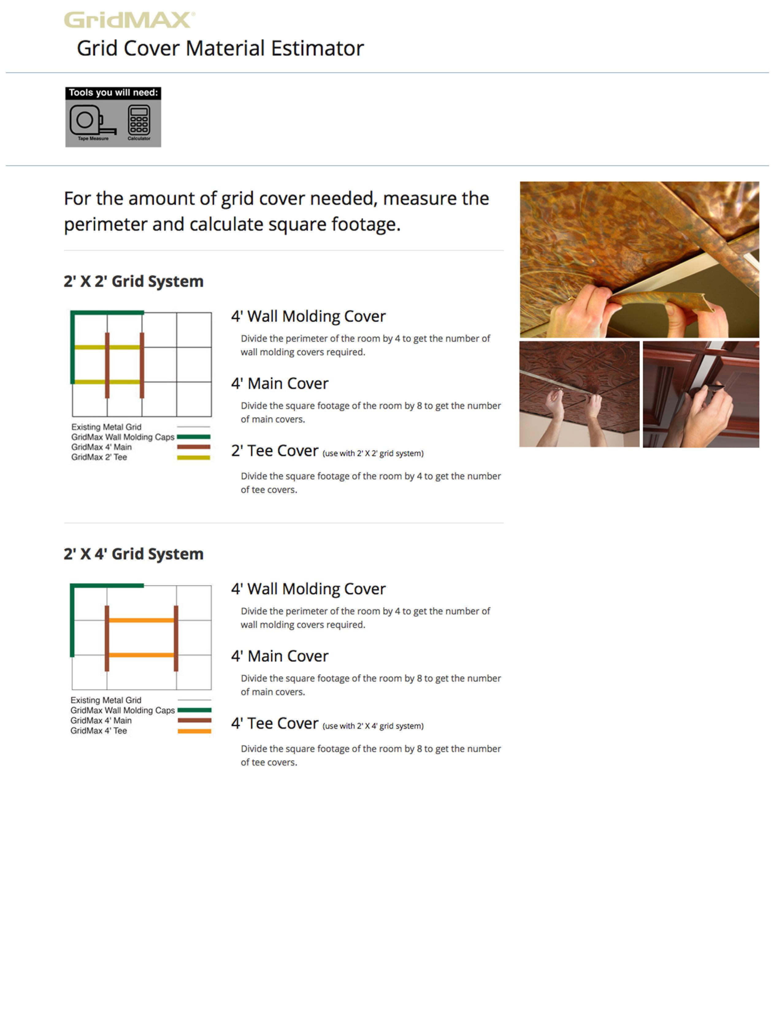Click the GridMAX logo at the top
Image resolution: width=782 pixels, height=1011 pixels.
129,20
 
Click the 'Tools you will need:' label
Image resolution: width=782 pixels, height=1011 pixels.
113,93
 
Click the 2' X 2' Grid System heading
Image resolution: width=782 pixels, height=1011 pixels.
133,281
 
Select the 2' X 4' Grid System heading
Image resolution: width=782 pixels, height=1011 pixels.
133,554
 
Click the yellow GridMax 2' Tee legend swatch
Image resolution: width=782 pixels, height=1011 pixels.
194,457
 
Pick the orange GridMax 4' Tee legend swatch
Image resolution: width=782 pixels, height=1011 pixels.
194,731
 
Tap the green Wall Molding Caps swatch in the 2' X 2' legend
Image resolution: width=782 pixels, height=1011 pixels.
194,437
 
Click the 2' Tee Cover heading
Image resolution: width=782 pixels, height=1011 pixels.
275,450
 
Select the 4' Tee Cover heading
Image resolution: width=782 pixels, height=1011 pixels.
275,723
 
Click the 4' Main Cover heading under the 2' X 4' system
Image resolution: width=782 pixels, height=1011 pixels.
279,656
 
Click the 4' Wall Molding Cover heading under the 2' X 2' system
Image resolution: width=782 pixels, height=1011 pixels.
308,316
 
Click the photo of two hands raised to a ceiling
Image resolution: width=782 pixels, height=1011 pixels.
579,394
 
